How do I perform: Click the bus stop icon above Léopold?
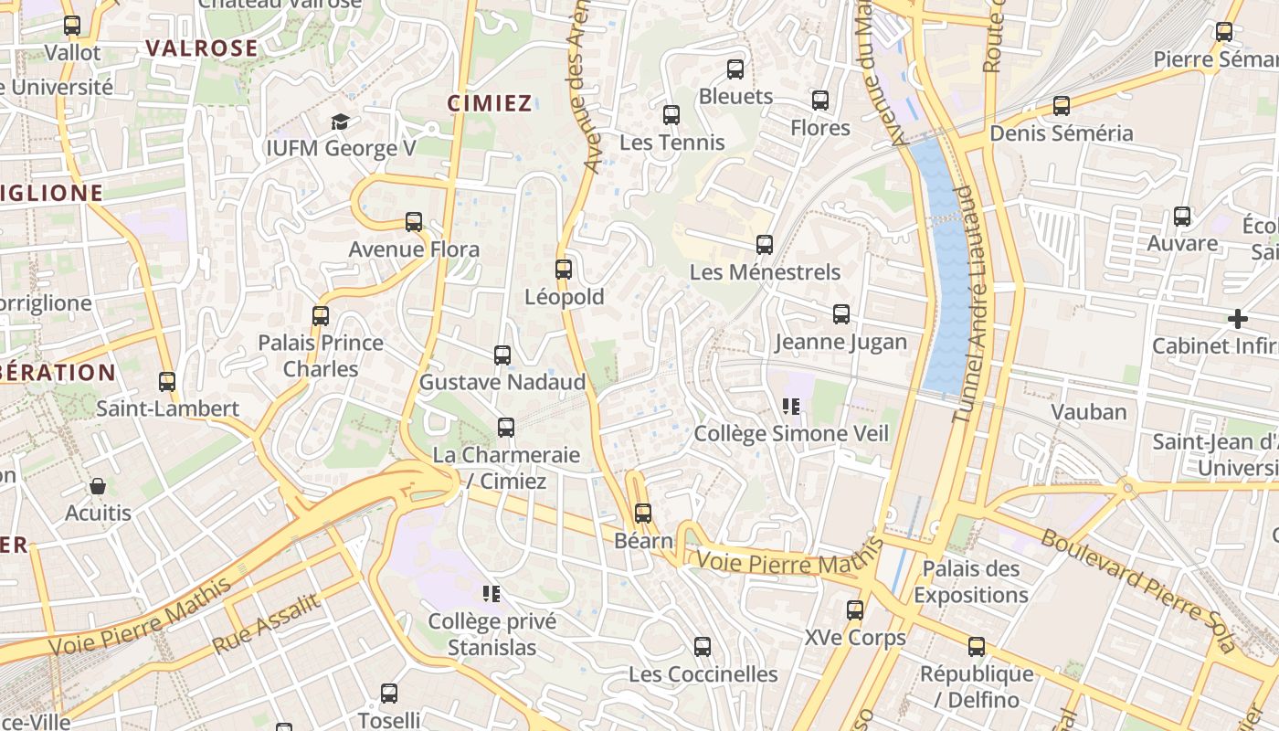point(564,269)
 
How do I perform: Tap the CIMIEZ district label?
point(490,103)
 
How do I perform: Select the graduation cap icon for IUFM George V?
point(340,121)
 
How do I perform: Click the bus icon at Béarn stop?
point(643,513)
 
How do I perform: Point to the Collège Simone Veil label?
point(791,433)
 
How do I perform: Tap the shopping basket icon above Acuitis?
point(98,485)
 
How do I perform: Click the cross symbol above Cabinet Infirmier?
point(1238,319)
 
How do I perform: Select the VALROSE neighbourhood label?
point(202,48)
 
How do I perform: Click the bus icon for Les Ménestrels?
point(765,244)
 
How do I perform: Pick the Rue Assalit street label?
point(267,623)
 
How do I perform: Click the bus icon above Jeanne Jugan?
point(841,314)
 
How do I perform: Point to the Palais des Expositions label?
point(970,582)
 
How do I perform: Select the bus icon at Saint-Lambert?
point(167,381)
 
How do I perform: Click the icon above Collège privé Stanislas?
point(492,594)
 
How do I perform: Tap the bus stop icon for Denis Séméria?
point(1062,106)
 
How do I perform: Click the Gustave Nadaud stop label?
point(502,382)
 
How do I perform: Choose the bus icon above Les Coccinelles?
point(703,647)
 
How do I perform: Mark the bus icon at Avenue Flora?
point(414,221)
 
